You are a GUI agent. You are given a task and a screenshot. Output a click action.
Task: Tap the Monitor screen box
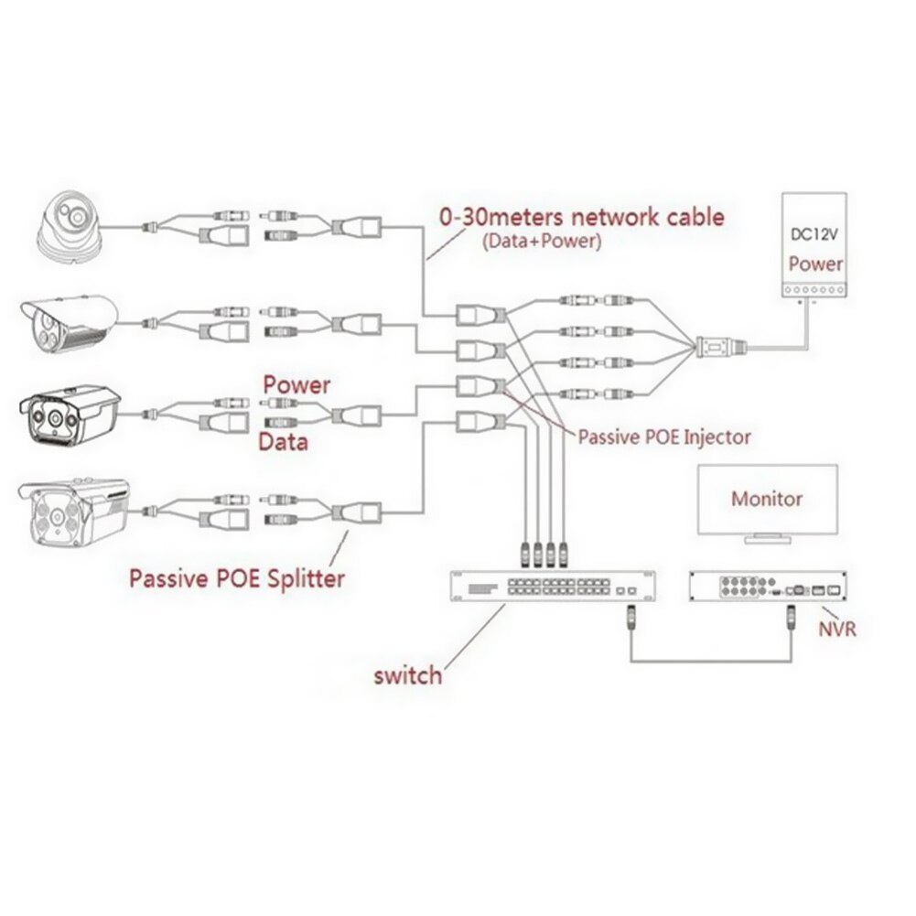pos(767,500)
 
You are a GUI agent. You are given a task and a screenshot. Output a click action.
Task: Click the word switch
pos(407,676)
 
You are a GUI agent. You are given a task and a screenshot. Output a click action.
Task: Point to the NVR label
pos(837,630)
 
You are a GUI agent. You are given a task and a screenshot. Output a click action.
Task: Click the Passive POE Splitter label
pos(236,578)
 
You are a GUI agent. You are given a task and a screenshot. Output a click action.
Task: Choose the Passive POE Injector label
pos(663,436)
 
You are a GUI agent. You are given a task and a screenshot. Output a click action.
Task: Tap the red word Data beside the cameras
pos(283,443)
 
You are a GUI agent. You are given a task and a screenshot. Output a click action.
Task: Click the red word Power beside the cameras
pos(296,384)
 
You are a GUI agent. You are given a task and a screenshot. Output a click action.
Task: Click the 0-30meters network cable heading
pos(581,217)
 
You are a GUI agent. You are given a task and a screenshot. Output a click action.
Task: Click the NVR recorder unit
pos(767,587)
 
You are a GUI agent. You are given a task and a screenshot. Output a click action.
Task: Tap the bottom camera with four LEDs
pos(73,512)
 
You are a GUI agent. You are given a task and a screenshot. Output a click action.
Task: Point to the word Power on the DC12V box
pos(814,264)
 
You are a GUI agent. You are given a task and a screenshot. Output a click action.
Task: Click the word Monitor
pos(767,500)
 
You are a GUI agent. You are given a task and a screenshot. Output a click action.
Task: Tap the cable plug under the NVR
pos(786,625)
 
